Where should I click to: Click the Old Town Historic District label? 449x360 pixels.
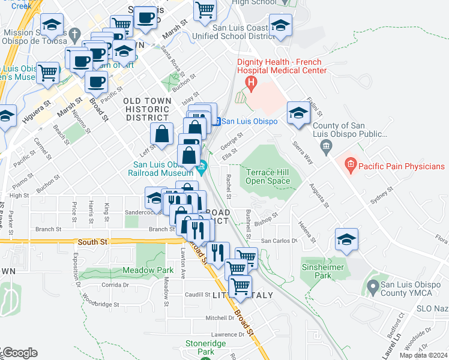(146, 109)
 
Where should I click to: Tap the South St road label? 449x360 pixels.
(92, 242)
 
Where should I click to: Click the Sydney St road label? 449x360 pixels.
(381, 196)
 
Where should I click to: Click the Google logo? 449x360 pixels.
(19, 353)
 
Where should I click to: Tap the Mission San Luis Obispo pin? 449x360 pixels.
(74, 33)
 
